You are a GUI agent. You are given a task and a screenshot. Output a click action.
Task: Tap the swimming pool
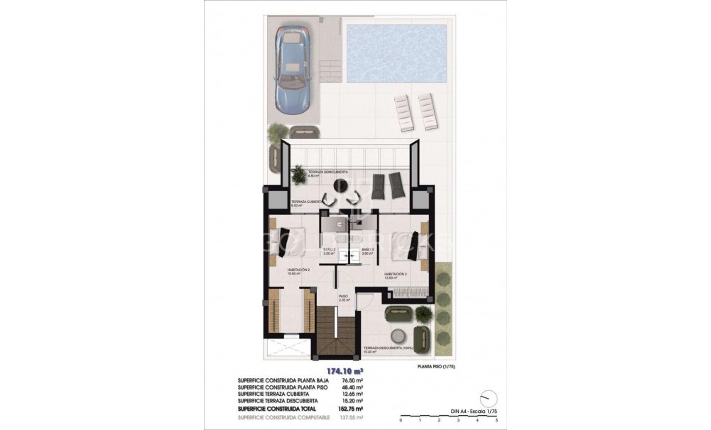point(396,51)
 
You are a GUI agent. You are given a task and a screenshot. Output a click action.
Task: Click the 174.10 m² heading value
point(344,371)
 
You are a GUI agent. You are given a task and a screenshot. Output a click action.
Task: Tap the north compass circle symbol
point(487,397)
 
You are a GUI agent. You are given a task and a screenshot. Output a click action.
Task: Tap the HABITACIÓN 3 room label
point(396,274)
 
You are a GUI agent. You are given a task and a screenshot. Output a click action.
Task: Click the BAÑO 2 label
point(329,250)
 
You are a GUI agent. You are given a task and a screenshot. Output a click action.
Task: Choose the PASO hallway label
point(343,297)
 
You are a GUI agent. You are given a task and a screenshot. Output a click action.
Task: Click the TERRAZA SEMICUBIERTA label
point(318,172)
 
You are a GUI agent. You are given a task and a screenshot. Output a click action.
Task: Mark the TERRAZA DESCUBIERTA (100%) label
point(408,348)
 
